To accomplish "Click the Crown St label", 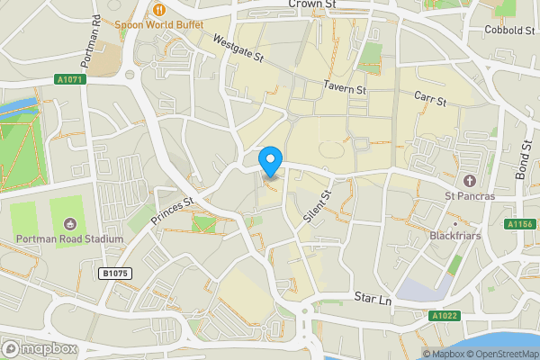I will tap(312, 4).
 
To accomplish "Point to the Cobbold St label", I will tap(509, 31).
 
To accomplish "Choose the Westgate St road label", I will tap(238, 49).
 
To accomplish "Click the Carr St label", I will tap(430, 100).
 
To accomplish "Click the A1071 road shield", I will tap(69, 79).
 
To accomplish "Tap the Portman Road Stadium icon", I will tap(70, 223).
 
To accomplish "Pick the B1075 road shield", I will tap(114, 273).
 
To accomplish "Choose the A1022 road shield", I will tap(442, 316).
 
